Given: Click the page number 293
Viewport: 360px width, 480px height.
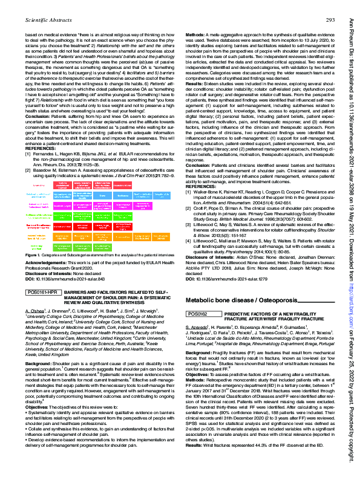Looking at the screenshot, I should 330,21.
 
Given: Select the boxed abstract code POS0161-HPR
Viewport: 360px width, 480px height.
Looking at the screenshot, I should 42,291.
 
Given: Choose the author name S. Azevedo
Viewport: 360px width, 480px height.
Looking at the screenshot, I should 197,344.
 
